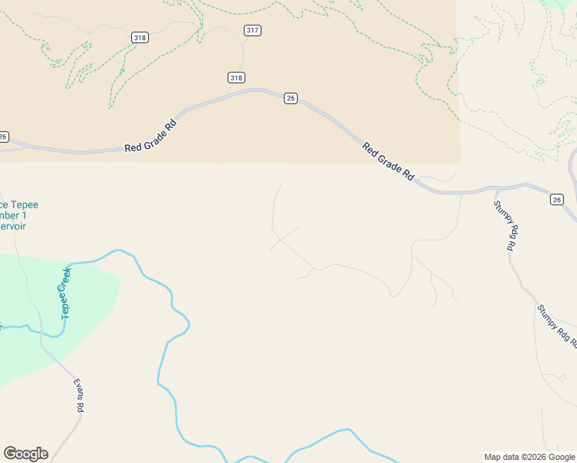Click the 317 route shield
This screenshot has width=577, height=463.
[252, 30]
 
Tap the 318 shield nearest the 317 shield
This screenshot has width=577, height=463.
[237, 77]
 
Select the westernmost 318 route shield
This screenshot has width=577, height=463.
[140, 37]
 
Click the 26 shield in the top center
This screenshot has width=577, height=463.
[290, 98]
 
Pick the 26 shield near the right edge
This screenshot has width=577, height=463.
[557, 200]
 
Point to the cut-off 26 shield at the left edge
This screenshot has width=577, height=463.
[4, 137]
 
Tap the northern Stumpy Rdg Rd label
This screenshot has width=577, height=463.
[504, 225]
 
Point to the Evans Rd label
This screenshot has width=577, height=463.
[79, 397]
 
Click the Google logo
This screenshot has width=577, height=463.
[25, 454]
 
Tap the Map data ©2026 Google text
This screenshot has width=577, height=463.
[529, 457]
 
